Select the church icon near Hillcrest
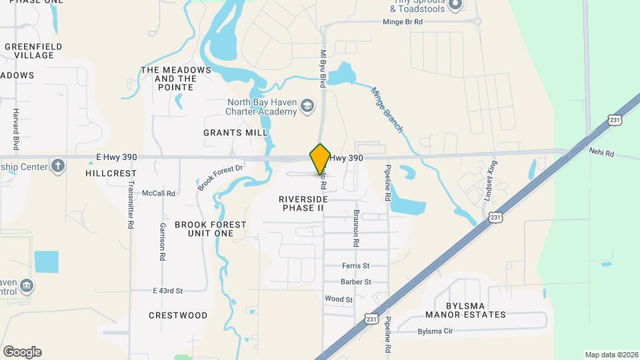coord(58,165)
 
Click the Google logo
coord(22,352)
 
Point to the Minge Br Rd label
coord(403,22)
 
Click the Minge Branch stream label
coord(387,110)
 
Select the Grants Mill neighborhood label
coord(235,133)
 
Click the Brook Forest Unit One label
coord(210,229)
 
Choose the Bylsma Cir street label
coord(435,331)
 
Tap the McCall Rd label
coord(158,193)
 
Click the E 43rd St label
coord(167,291)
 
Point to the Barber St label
coord(355,282)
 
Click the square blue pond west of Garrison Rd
coord(47,262)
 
